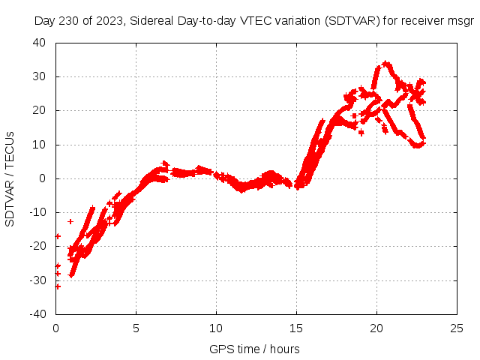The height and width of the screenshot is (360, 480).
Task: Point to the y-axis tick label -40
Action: pyautogui.click(x=38, y=313)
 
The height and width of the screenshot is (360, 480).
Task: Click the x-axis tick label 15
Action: pyautogui.click(x=296, y=328)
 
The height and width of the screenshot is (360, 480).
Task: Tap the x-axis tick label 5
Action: pyautogui.click(x=136, y=328)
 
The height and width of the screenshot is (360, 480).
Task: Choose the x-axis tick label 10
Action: pyautogui.click(x=216, y=328)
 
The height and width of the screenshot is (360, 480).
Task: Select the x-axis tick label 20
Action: pyautogui.click(x=376, y=328)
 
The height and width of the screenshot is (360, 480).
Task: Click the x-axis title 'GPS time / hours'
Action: pyautogui.click(x=254, y=349)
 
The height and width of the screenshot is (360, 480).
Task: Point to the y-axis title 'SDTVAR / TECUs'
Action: pyautogui.click(x=10, y=178)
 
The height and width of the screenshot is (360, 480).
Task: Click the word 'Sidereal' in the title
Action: pyautogui.click(x=150, y=21)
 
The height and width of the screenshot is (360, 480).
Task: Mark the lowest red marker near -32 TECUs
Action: pyautogui.click(x=58, y=286)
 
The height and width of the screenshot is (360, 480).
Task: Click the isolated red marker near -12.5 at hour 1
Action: pyautogui.click(x=70, y=221)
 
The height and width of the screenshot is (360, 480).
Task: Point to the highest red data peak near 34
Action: pyautogui.click(x=385, y=64)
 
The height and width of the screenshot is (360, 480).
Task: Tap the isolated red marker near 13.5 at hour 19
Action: pyautogui.click(x=361, y=133)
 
